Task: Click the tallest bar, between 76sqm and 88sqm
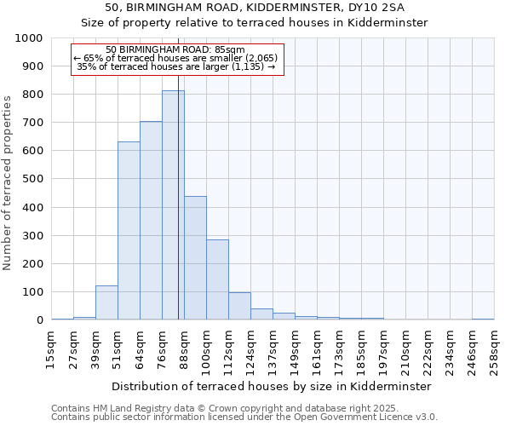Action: pyautogui.click(x=173, y=205)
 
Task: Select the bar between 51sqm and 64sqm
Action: pyautogui.click(x=129, y=231)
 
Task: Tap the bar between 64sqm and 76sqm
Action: pyautogui.click(x=151, y=221)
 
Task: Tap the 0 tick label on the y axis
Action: pyautogui.click(x=39, y=320)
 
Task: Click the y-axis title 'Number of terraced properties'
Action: pyautogui.click(x=8, y=182)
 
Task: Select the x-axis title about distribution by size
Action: pyautogui.click(x=271, y=386)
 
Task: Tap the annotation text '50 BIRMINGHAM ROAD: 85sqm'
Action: pyautogui.click(x=176, y=50)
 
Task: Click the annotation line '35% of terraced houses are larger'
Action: pyautogui.click(x=176, y=66)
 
